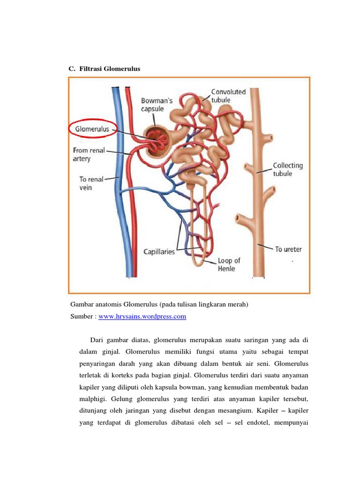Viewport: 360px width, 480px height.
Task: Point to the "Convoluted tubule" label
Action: click(228, 95)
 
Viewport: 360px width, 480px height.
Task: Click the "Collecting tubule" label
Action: click(288, 169)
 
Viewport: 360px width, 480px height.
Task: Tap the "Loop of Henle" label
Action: click(229, 264)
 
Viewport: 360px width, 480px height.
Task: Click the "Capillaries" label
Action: click(159, 252)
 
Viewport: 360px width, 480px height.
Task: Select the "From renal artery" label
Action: click(88, 155)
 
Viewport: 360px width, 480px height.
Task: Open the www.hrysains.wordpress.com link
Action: click(142, 316)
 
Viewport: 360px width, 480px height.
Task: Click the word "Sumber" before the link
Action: click(82, 316)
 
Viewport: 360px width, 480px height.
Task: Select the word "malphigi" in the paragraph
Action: click(96, 399)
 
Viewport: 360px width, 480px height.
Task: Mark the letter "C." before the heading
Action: click(72, 69)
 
